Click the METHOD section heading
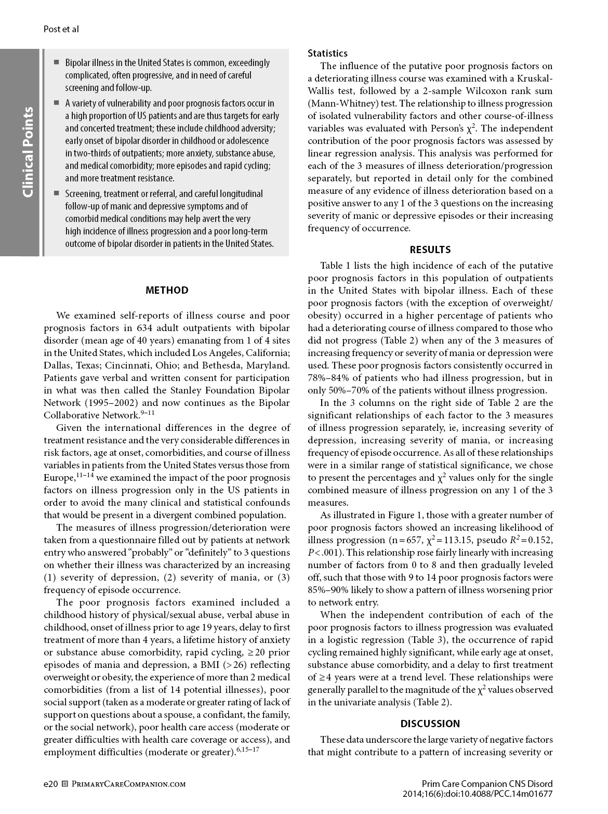167,290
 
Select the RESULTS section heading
430,250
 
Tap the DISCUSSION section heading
430,724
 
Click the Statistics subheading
327,53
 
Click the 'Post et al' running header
61,29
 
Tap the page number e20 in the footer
50,783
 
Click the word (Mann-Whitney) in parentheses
339,103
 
